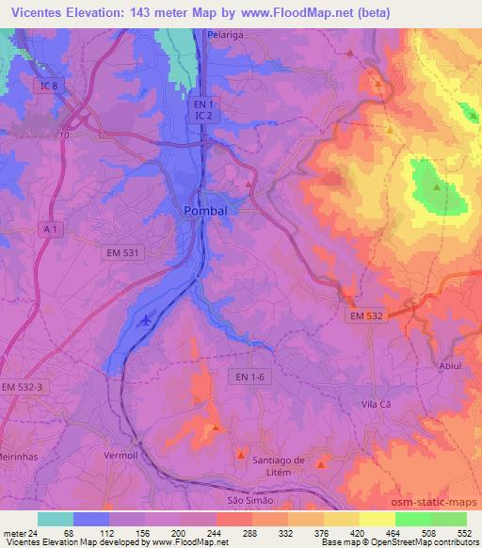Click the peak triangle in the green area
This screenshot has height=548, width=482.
pos(437,186)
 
